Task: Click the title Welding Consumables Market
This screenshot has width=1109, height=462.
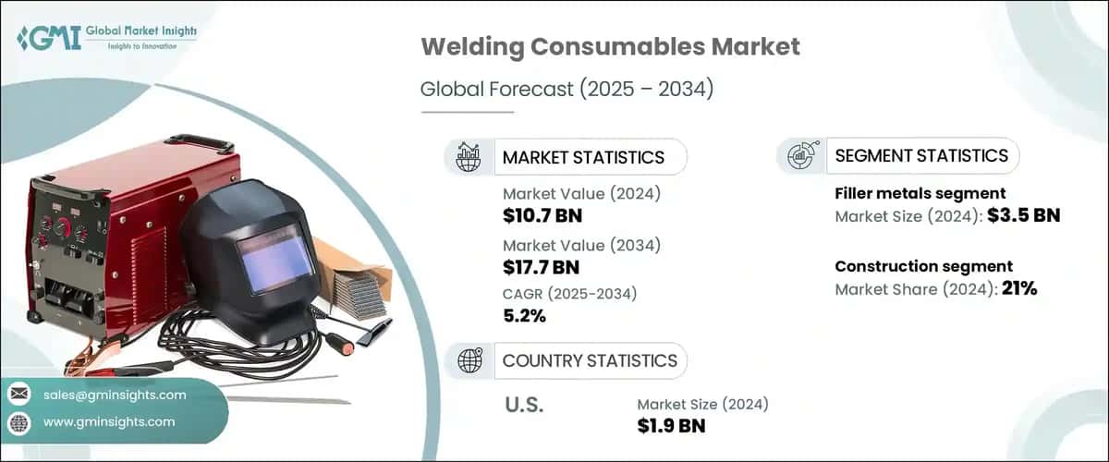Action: (610, 47)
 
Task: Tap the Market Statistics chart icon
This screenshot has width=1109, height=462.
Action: (468, 156)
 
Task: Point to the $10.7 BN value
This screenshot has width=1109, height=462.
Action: (542, 217)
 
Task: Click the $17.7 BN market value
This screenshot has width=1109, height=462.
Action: (542, 268)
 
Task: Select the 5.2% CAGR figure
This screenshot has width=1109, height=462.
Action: (524, 316)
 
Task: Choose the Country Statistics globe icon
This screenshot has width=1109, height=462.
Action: (468, 360)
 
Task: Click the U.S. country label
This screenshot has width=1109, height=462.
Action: (526, 405)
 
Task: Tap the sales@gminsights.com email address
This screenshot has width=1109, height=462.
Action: (116, 395)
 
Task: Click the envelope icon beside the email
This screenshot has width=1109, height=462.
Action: (19, 395)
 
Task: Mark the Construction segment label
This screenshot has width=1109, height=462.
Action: (924, 266)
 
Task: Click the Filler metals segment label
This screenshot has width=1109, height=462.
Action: (920, 193)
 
